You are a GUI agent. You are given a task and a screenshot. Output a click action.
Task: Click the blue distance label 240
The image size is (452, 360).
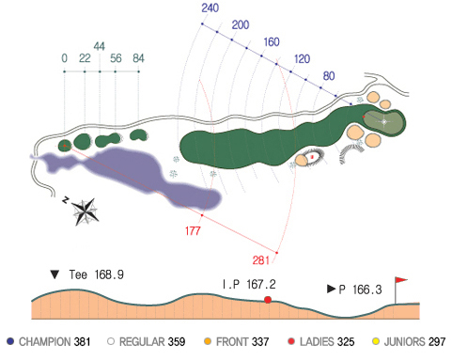(x=210, y=8)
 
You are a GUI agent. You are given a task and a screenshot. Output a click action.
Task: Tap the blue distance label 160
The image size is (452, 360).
(x=272, y=42)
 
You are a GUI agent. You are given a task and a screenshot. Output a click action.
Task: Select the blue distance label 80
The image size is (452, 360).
(x=329, y=76)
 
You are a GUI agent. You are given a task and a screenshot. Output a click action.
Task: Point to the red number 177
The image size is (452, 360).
(x=193, y=231)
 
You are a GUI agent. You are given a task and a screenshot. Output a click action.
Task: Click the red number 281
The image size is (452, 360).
(x=260, y=260)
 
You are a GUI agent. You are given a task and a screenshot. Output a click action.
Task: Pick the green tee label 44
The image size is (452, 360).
(x=99, y=46)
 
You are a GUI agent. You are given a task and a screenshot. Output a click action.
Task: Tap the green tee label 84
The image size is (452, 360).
(x=138, y=58)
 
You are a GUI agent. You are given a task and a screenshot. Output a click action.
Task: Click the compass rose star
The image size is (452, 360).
(x=86, y=211)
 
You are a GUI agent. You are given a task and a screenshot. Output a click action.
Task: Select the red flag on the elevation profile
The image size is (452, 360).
(x=400, y=280)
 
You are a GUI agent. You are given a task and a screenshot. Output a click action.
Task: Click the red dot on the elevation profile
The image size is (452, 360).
(x=268, y=300)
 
